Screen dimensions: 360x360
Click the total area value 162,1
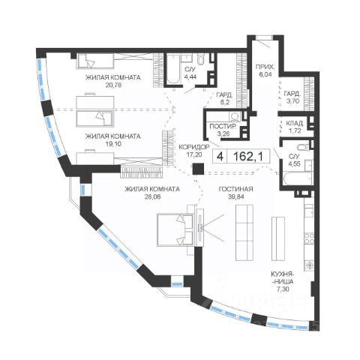coord(248,157)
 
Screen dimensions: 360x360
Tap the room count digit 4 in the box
coord(220,157)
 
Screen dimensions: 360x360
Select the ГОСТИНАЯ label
coord(235,189)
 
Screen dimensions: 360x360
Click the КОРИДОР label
coord(194,147)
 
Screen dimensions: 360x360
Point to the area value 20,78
coord(113,85)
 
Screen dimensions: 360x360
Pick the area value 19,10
coord(113,144)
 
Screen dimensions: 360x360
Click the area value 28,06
coord(152,196)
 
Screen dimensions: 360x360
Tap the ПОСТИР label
coord(223,126)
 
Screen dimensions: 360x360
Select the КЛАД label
coord(294,123)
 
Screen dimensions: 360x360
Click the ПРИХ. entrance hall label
coord(265,67)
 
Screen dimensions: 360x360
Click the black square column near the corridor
coord(198,169)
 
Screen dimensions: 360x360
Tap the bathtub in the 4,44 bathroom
coord(173,69)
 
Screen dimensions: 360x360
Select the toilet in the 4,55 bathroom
coord(304,147)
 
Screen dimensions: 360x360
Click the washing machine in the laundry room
coord(235,116)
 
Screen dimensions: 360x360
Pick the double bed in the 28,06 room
coord(175,229)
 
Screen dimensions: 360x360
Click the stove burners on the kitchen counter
coord(309,238)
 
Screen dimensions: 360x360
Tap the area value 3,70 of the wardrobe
coord(292,101)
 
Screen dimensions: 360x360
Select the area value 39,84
coord(235,196)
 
